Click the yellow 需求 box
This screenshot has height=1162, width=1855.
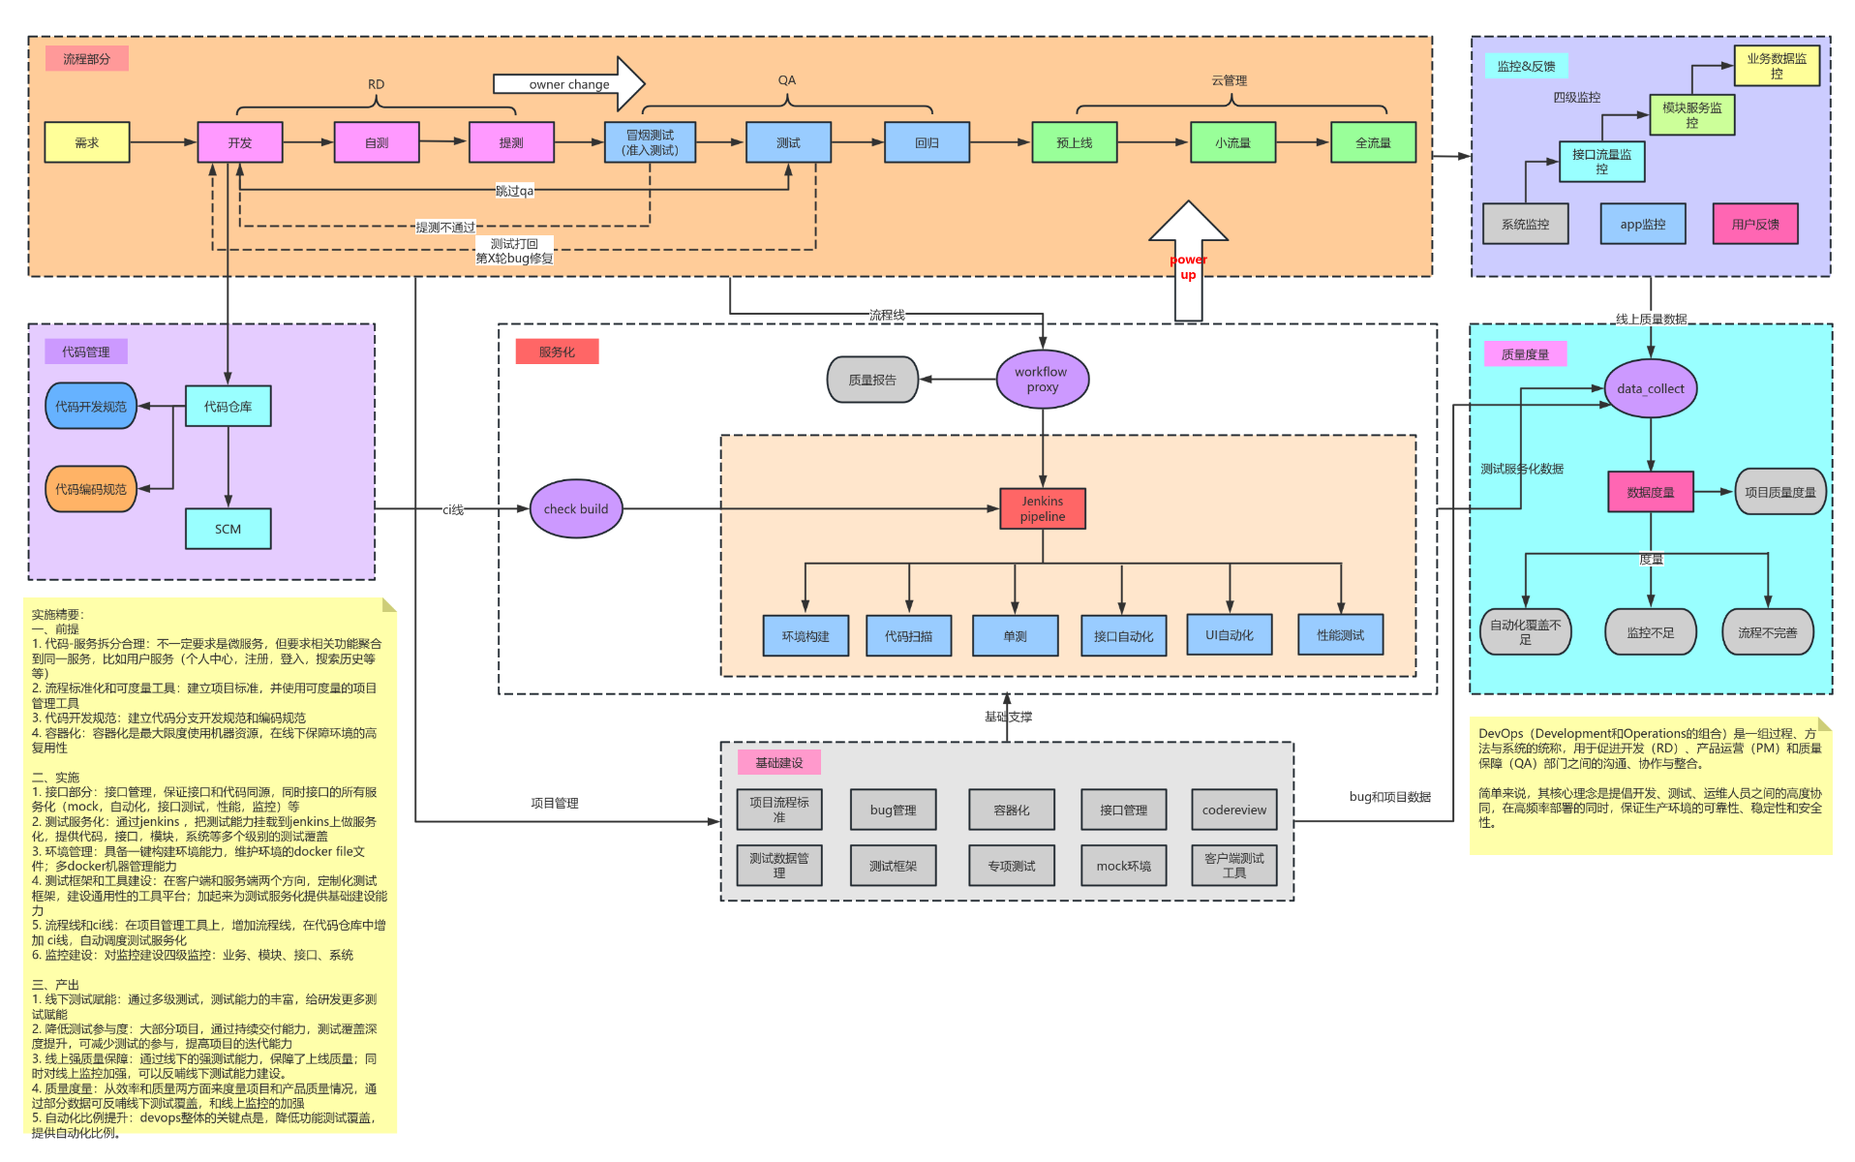click(x=86, y=142)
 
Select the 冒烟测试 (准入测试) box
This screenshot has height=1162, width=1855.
click(x=650, y=142)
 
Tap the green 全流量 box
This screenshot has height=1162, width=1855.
click(x=1372, y=142)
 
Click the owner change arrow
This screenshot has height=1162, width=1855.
click(x=568, y=84)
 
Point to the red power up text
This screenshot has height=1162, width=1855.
click(x=1188, y=267)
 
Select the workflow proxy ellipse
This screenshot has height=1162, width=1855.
click(x=1042, y=380)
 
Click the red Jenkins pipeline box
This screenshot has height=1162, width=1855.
click(x=1042, y=508)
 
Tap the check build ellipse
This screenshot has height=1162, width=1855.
click(x=576, y=508)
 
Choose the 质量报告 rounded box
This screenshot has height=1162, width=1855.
click(x=871, y=380)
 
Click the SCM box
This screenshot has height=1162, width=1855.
click(x=228, y=529)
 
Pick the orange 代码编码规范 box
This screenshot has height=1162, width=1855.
click(x=90, y=489)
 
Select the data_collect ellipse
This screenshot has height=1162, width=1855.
click(x=1650, y=388)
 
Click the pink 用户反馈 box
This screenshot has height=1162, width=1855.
click(x=1754, y=224)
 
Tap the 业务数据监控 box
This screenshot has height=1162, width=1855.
click(x=1776, y=66)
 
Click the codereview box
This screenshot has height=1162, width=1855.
click(x=1233, y=810)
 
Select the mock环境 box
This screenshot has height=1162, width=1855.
click(x=1123, y=866)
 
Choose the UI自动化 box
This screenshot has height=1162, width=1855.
click(x=1229, y=635)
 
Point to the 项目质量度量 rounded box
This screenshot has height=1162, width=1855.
click(x=1779, y=492)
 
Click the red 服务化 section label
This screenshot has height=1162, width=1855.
click(x=557, y=352)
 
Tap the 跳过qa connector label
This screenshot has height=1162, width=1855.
click(x=514, y=191)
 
